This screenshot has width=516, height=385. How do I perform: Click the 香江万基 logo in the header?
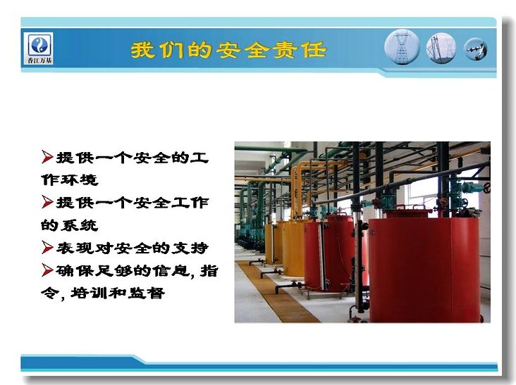[39, 49]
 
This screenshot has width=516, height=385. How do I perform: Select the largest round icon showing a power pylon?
[402, 47]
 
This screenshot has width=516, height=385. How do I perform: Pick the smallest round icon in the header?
[476, 49]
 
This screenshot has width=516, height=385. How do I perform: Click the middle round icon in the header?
[441, 48]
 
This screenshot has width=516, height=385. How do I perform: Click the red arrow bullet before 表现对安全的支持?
[47, 247]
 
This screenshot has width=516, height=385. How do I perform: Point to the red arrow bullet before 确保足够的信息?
[47, 270]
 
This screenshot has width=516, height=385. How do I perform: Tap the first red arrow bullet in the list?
[47, 157]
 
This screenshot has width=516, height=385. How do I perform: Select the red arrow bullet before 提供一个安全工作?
[47, 202]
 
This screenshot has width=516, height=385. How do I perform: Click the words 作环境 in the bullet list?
[70, 179]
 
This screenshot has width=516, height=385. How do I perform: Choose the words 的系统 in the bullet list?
[70, 225]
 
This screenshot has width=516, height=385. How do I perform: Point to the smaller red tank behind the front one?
[329, 252]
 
